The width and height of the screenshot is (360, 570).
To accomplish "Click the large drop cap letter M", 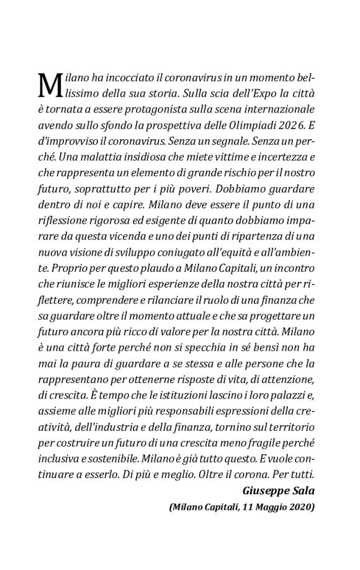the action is (50, 84).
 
